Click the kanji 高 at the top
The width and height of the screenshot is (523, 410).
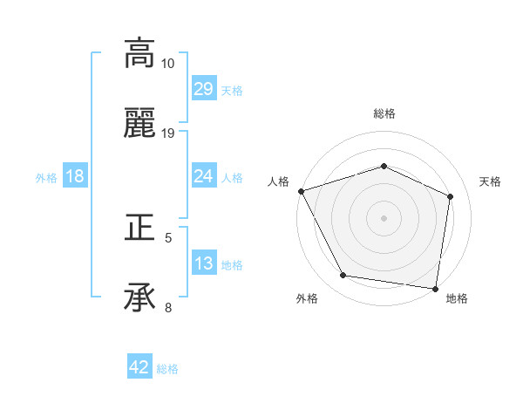point(139,53)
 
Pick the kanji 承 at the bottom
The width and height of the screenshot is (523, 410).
point(139,298)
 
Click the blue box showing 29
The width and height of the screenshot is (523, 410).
point(203,89)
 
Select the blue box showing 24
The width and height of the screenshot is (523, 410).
point(203,176)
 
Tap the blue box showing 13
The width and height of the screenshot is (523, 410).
point(203,263)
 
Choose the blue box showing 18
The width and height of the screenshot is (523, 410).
point(75,176)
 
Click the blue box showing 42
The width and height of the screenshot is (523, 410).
point(139,367)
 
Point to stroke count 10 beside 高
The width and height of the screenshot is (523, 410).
point(168,64)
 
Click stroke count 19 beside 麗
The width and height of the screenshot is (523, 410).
point(168,133)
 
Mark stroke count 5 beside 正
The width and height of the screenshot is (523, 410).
point(168,237)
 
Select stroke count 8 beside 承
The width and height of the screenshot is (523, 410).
point(168,307)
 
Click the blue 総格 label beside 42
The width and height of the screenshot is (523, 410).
point(167,369)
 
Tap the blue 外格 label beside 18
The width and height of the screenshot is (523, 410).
point(46,177)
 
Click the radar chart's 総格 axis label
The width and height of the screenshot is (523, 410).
point(384,113)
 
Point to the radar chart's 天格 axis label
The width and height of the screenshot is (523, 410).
point(491,181)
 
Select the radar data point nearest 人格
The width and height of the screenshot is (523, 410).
point(301,191)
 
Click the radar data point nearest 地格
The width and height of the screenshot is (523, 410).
point(435,288)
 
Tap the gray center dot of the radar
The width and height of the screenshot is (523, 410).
point(384,217)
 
